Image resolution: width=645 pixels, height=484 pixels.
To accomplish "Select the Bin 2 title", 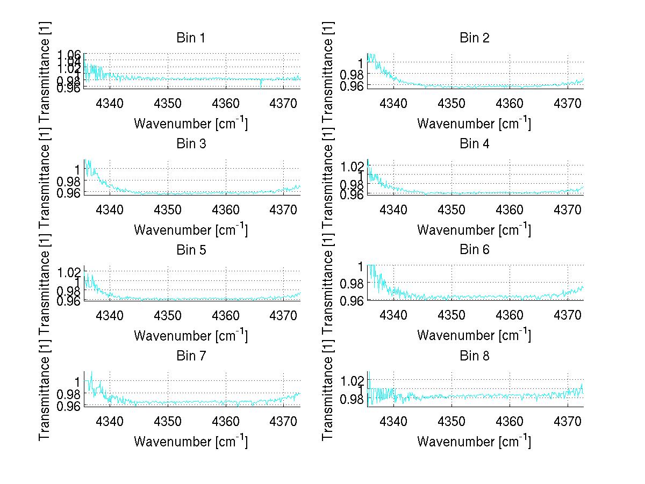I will click(x=474, y=38).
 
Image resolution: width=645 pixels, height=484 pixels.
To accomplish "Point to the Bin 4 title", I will click(x=474, y=144).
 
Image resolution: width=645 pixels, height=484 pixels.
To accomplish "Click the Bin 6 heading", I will click(x=474, y=250).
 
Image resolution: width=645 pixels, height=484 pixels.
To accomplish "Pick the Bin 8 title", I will click(x=474, y=356).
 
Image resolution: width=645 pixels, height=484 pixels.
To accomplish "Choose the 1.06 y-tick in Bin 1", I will click(x=69, y=55).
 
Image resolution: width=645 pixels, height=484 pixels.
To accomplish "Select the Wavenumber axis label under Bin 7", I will click(x=190, y=441).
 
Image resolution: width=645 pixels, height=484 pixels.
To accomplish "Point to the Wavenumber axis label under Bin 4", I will click(x=474, y=229).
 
